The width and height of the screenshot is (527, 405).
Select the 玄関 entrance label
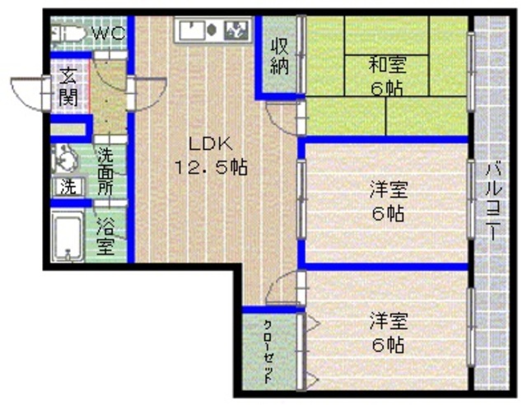pos(68,88)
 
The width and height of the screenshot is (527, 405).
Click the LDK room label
pos(206,142)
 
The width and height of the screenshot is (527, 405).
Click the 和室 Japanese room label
pos(385,64)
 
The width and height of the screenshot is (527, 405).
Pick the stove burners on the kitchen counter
pos(236,31)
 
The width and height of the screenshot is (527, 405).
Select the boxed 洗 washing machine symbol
pos(68,187)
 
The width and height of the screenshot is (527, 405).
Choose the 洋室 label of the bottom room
pos(387,319)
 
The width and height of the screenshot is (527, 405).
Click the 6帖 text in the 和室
pos(386,88)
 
